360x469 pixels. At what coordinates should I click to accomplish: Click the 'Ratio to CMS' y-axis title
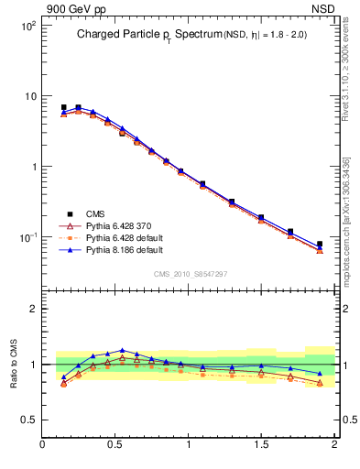pos(13,364)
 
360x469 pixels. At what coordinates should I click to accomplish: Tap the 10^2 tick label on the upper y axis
pos(27,27)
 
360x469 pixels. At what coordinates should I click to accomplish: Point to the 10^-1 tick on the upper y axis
pos(27,237)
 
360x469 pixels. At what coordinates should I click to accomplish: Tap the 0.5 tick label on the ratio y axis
pos(27,420)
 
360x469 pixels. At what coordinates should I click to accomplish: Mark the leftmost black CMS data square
pos(63,107)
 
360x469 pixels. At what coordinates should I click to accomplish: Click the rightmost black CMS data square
pos(320,244)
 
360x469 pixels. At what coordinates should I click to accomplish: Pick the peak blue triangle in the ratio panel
pos(122,350)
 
